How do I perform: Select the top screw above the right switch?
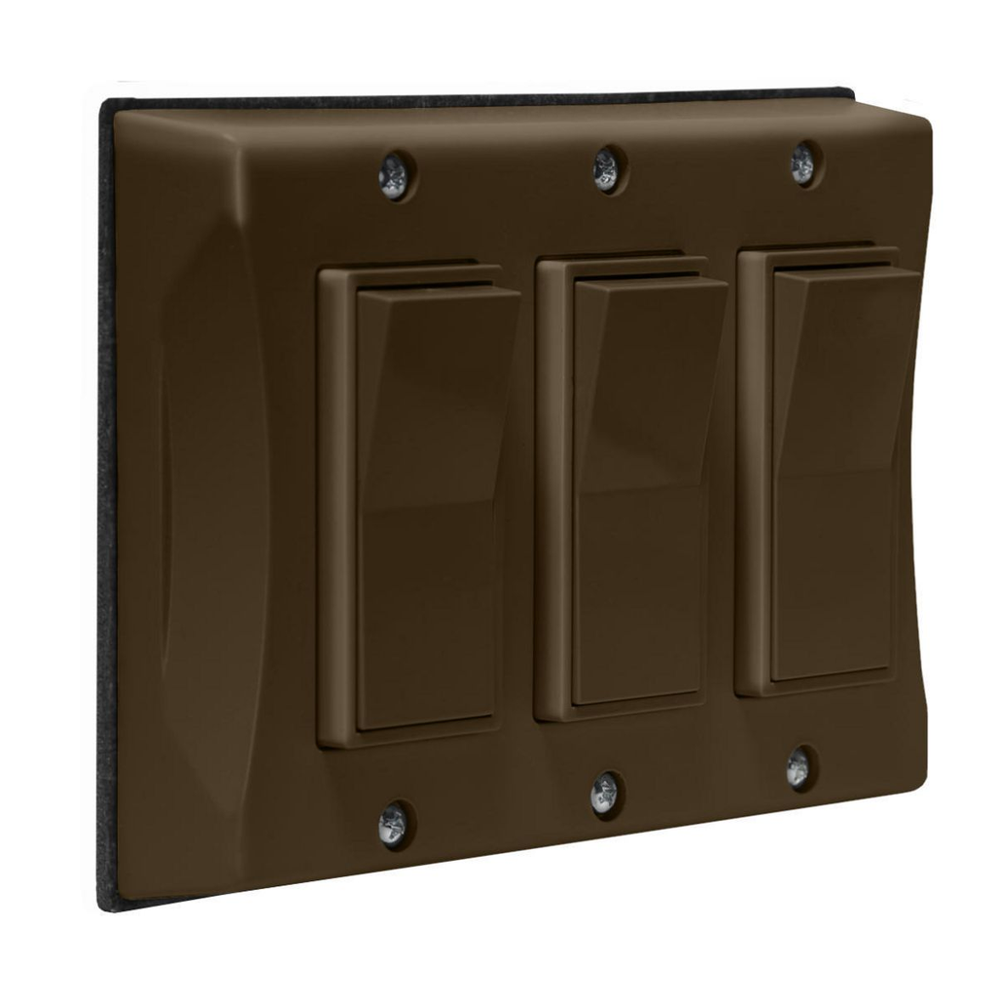[804, 163]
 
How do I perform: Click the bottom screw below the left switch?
[394, 824]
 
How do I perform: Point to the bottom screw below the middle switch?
[605, 794]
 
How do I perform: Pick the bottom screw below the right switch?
[799, 767]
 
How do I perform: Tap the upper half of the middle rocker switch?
[646, 389]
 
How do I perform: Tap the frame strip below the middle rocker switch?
[622, 712]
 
